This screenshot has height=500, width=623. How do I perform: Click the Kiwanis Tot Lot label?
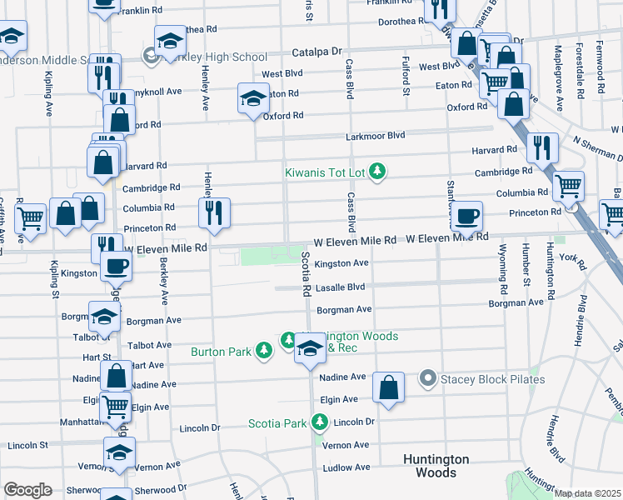click(325, 172)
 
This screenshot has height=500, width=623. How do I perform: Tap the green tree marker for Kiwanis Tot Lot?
click(379, 172)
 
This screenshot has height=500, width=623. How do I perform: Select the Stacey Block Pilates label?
click(495, 380)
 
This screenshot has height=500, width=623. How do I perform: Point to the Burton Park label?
click(221, 352)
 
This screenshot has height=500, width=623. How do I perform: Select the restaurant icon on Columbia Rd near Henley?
click(215, 213)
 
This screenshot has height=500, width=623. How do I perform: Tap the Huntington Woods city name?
click(436, 466)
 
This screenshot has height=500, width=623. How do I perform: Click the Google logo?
click(27, 490)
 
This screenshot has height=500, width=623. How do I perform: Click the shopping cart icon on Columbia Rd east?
click(569, 187)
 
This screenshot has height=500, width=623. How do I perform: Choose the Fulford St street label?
click(406, 76)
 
